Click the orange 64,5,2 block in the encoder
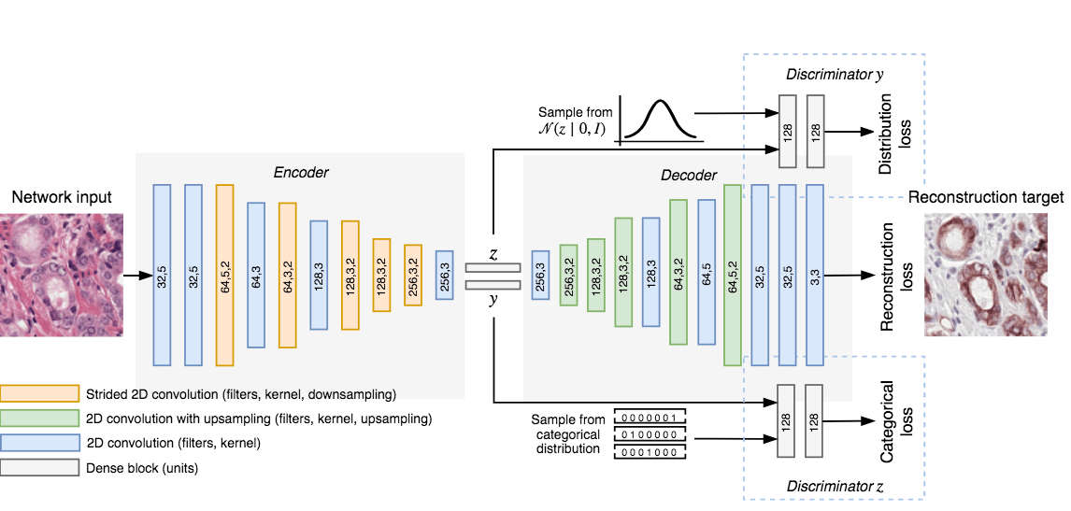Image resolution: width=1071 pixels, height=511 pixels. pos(224,275)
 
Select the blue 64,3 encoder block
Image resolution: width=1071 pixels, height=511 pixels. pos(256,275)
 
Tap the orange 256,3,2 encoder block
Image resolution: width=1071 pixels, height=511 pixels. pos(413,275)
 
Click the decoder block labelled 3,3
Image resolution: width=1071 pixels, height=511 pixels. pos(815,275)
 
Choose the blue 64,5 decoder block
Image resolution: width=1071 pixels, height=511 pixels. pos(706,275)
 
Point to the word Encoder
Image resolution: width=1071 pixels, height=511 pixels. pos(301,173)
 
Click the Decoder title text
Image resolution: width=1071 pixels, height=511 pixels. pos(689,175)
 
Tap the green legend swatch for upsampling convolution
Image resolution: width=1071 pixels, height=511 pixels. pos(39,417)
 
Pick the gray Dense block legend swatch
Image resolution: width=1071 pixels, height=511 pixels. pos(39,467)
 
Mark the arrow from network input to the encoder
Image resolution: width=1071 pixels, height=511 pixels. pos(137,276)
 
